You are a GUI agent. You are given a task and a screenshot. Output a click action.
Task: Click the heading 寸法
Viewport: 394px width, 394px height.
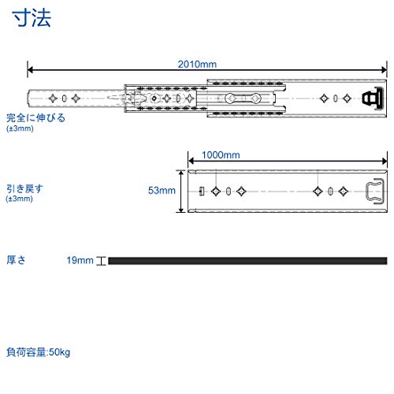click(x=32, y=18)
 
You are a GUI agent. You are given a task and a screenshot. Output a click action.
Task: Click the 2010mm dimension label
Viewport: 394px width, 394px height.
click(x=197, y=65)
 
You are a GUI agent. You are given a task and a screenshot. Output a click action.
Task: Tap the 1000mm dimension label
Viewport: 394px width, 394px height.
click(x=221, y=155)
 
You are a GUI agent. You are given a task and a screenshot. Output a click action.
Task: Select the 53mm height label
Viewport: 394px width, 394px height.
click(x=162, y=191)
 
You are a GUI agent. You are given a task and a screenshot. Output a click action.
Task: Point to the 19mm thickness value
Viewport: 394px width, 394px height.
click(x=80, y=260)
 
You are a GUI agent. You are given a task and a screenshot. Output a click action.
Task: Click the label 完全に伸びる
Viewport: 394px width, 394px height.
click(x=35, y=118)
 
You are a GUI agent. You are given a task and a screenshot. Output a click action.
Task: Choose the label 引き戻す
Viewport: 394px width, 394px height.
click(x=24, y=188)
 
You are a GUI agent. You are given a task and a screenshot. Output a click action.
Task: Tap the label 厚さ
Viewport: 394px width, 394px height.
click(x=16, y=260)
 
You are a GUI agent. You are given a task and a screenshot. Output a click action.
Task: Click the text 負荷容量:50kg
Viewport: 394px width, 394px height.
click(x=39, y=352)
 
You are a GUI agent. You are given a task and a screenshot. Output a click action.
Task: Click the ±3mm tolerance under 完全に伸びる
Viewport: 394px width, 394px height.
click(x=20, y=128)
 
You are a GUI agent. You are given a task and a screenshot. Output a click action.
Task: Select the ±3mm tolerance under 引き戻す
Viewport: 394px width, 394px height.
click(x=19, y=199)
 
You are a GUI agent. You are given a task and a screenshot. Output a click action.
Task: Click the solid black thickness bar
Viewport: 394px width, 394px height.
click(x=247, y=261)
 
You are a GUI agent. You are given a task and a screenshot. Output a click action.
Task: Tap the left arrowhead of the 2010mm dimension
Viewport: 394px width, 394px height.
click(x=30, y=70)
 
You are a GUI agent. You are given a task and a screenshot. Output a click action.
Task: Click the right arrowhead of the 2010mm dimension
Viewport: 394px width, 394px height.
click(x=385, y=70)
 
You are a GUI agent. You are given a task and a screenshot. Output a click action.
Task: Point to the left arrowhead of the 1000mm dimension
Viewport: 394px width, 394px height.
click(x=191, y=161)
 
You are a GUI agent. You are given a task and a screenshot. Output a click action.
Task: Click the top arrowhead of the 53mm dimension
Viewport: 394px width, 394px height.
click(x=181, y=173)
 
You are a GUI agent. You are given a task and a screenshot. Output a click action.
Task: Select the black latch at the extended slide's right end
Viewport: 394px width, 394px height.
click(x=374, y=98)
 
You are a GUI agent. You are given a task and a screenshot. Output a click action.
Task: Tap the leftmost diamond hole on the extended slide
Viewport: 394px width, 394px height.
click(x=53, y=98)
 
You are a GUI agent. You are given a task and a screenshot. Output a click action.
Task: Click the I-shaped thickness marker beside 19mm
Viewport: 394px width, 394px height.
click(x=101, y=261)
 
